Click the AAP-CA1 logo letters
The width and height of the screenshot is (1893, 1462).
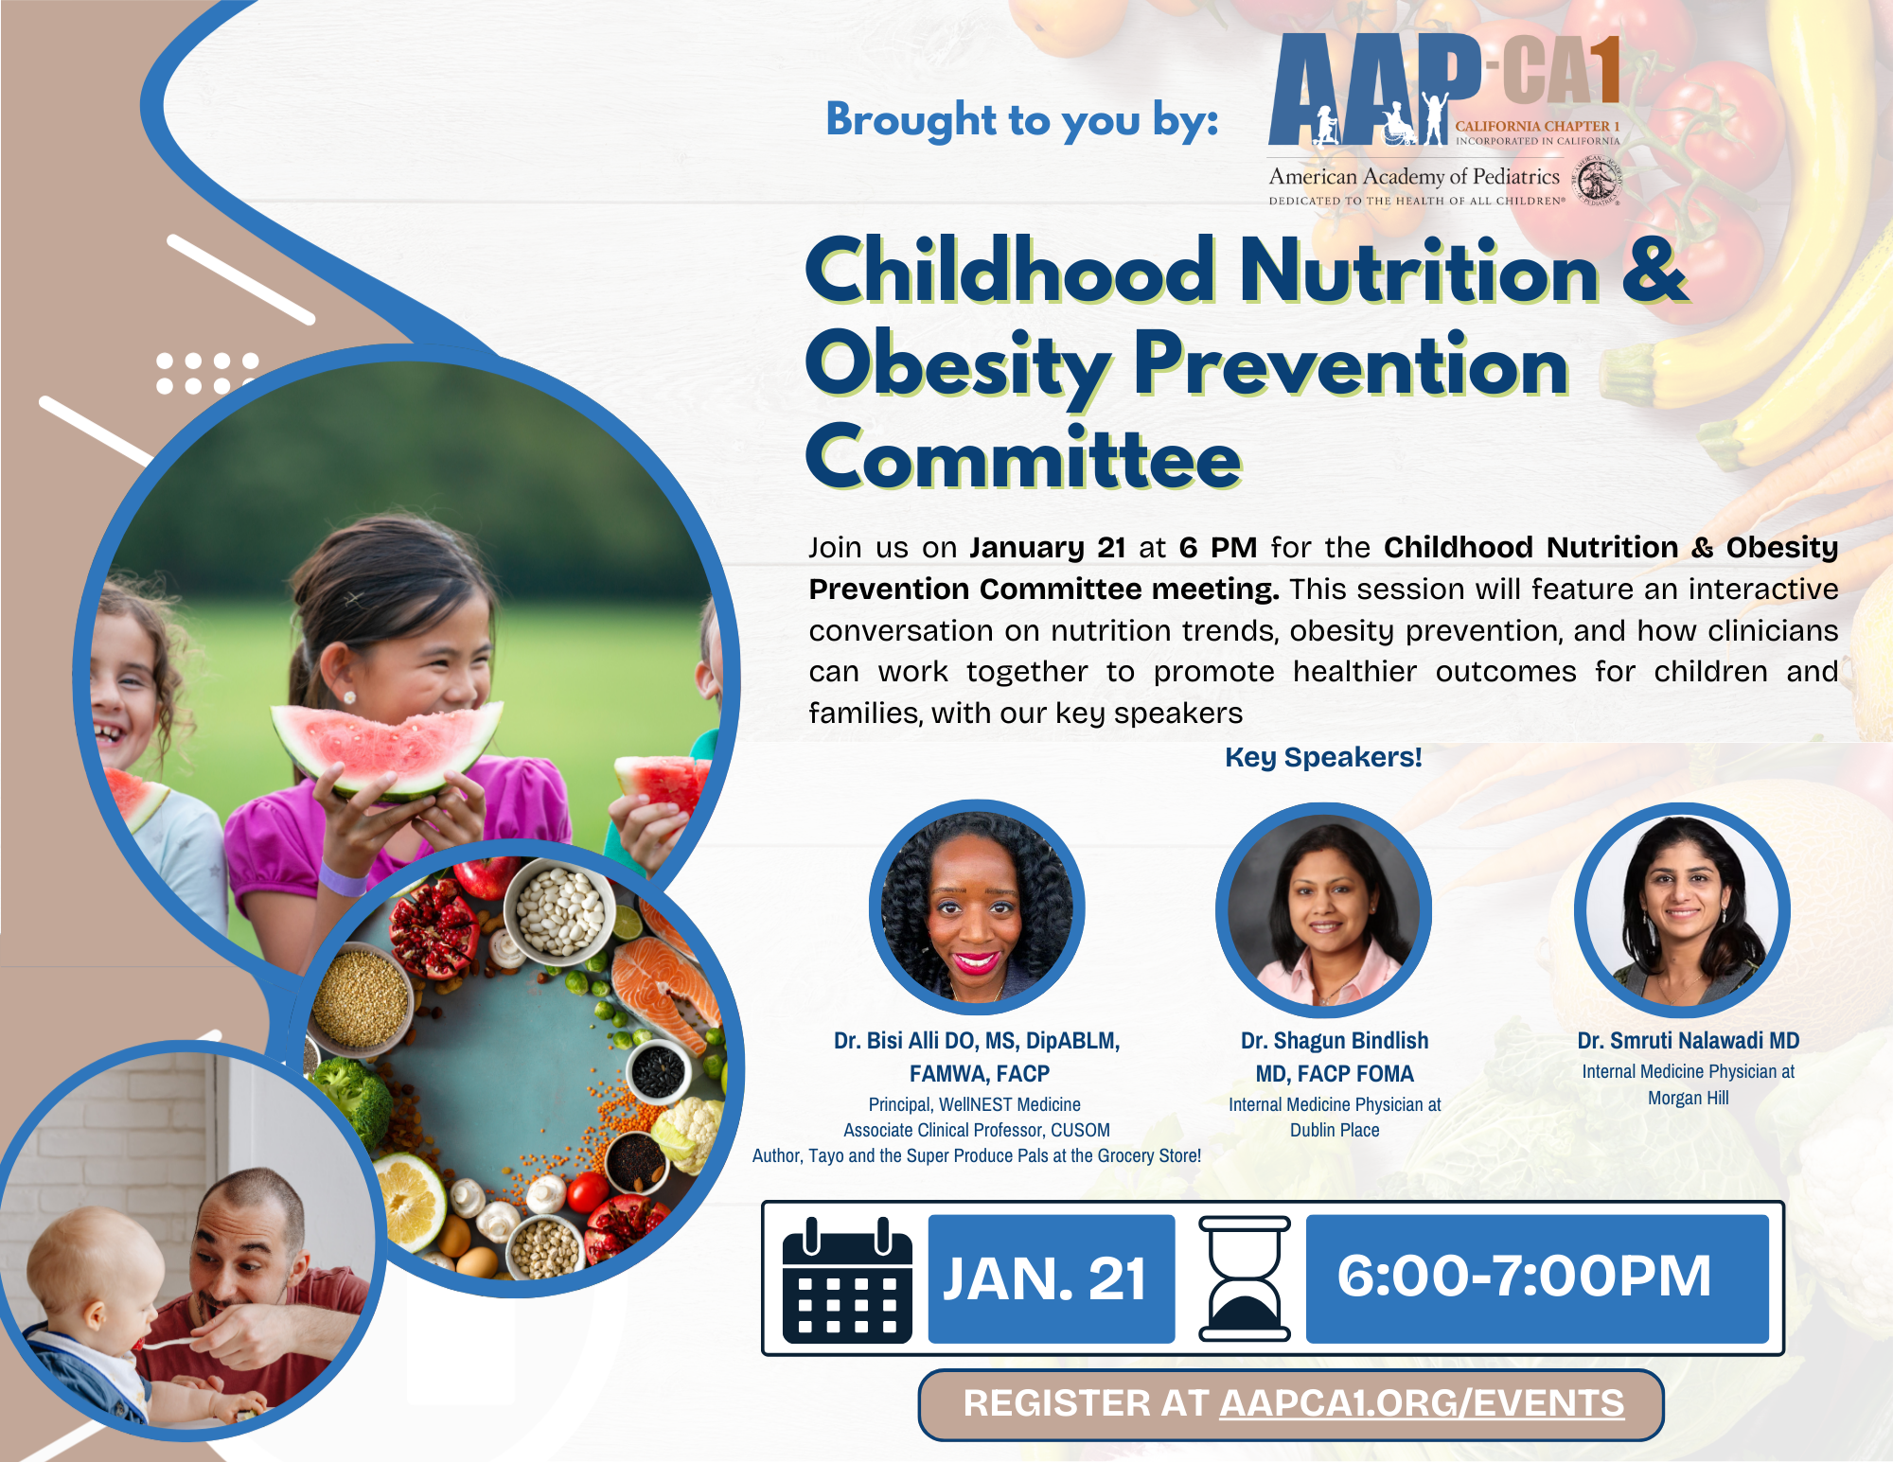[1444, 90]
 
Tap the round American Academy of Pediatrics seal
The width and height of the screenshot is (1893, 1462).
[1599, 181]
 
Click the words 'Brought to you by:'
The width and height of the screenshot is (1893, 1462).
[1022, 121]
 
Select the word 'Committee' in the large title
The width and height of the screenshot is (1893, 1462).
[1023, 457]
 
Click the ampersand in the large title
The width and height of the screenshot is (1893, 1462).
[1654, 270]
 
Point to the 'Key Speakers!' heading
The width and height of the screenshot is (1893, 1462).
[1323, 757]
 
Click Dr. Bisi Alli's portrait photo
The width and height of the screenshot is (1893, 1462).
[977, 908]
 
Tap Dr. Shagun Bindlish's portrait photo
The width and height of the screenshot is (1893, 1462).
[1323, 910]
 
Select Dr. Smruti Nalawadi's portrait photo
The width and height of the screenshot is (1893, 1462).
[1682, 910]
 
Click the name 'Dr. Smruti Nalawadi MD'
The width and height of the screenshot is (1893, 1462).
[1689, 1040]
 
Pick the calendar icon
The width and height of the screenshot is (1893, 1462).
[847, 1280]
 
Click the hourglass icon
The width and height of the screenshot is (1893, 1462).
[1245, 1278]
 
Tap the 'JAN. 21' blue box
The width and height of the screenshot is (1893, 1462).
[1052, 1278]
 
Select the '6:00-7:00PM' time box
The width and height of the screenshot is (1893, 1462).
[1537, 1278]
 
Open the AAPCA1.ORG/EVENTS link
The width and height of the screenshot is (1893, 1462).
[1422, 1403]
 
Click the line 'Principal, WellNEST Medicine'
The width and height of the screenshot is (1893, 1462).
[975, 1104]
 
